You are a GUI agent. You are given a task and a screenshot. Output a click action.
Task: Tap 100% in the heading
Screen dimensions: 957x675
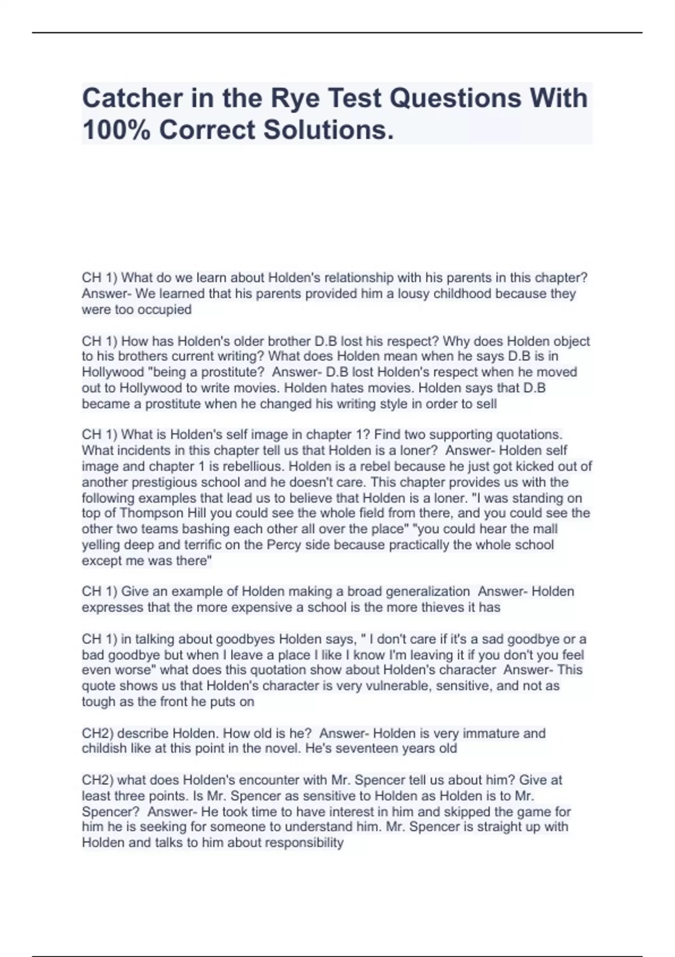(115, 130)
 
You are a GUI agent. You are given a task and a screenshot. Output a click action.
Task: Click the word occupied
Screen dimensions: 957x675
(164, 310)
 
